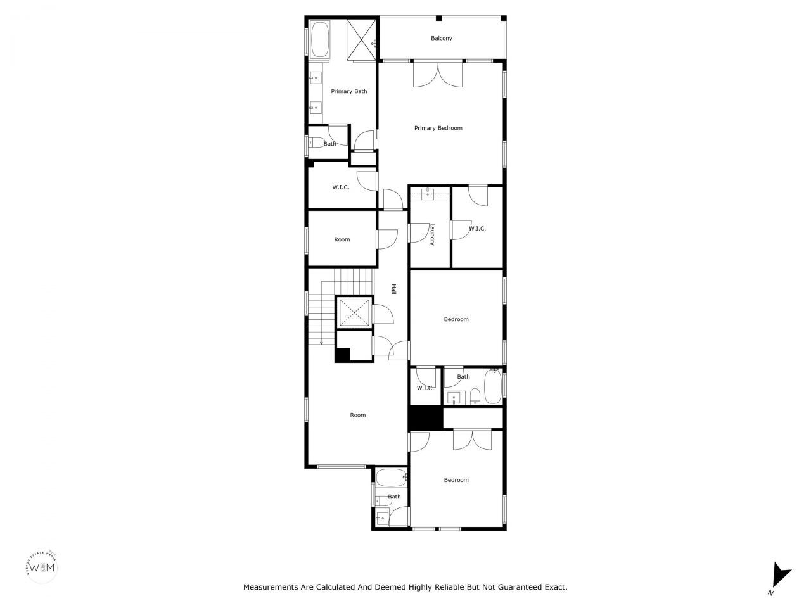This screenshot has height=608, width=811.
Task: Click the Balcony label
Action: pos(442,39)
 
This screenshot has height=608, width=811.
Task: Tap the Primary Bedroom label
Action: pos(438,128)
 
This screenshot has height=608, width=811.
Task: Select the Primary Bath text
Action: pos(349,92)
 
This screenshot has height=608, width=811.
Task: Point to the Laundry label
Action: pos(431,234)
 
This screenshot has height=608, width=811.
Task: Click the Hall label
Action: pos(393,289)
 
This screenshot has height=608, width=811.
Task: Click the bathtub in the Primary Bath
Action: pos(319,40)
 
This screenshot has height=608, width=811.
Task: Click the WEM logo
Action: pos(42,566)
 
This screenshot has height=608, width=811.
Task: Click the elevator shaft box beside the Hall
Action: pos(354,312)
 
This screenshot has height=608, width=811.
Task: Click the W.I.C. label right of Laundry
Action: pos(477,229)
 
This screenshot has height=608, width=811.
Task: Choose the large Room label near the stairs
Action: pos(358,415)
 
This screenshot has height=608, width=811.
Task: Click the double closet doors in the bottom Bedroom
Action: pos(472,440)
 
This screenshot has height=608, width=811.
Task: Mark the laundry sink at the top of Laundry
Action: pos(428,193)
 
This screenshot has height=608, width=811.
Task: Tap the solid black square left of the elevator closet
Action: pos(342,355)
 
